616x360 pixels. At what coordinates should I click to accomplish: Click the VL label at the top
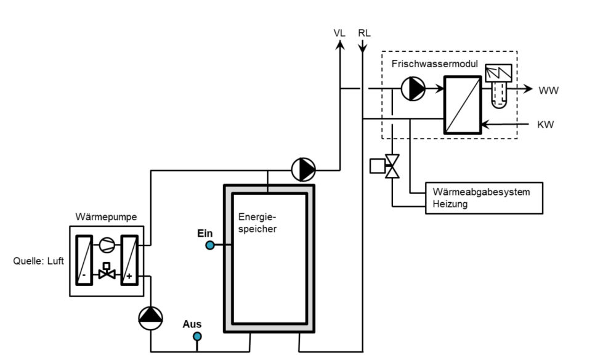coord(339,33)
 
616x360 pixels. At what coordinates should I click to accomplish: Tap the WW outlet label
coord(548,91)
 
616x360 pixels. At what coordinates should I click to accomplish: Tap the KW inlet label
coord(545,125)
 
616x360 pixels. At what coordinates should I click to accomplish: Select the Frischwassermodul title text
coord(429,63)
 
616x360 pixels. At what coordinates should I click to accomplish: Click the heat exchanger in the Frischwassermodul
coord(462,105)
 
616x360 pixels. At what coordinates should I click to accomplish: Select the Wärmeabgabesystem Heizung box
coord(484,197)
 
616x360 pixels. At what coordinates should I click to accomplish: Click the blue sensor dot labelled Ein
coord(209,245)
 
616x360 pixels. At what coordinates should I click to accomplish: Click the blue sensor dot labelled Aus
coord(197,336)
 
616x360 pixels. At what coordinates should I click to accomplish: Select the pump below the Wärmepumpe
coord(150,317)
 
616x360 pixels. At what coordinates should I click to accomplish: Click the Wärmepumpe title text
coord(106,217)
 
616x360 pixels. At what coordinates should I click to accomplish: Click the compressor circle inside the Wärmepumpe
coord(107,245)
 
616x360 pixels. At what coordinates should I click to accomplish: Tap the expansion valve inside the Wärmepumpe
coord(107,272)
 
